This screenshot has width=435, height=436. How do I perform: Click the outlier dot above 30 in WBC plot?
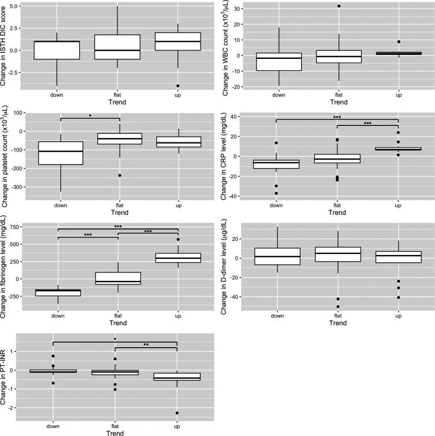(338, 6)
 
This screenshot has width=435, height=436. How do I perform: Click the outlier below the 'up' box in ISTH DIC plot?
(177, 86)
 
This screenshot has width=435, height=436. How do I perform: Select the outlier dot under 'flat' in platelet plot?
(119, 175)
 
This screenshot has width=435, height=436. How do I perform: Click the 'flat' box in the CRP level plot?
(338, 158)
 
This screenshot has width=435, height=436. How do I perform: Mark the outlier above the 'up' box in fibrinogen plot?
(177, 239)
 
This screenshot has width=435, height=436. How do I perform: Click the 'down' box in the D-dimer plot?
(278, 256)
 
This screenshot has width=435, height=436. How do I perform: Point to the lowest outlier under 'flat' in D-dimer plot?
(338, 307)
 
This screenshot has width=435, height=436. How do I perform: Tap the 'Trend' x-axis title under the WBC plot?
(338, 103)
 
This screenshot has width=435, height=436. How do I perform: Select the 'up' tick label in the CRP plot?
(398, 206)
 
